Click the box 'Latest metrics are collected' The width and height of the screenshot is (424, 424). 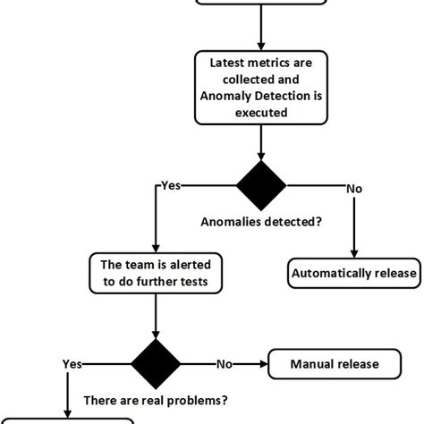[260, 89]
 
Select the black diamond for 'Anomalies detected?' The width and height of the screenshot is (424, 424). [261, 186]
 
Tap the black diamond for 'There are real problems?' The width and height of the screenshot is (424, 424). [157, 364]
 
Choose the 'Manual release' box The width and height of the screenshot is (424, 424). [334, 364]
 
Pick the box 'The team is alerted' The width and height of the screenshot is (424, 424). [157, 274]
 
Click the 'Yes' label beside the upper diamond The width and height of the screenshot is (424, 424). [169, 186]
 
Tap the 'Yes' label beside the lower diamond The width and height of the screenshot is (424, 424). [72, 364]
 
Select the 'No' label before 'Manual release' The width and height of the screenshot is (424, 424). [225, 364]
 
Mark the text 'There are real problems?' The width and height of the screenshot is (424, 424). [157, 402]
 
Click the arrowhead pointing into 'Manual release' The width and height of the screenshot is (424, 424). [264, 364]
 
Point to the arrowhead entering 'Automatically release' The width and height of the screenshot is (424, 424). [354, 255]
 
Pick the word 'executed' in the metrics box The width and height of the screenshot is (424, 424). [260, 114]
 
